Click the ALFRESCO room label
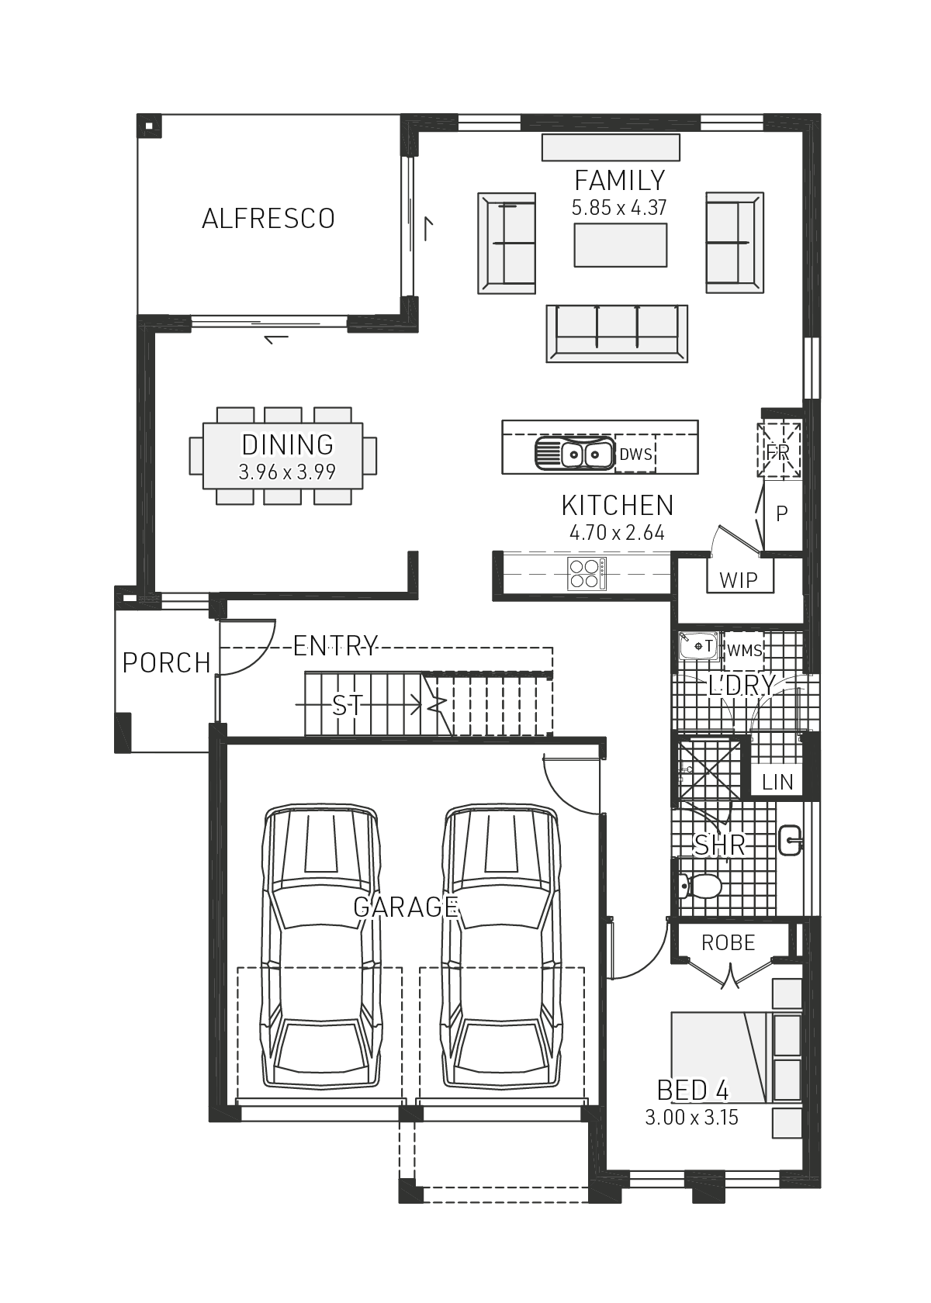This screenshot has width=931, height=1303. coord(268,219)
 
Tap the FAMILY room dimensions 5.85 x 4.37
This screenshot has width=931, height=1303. coord(619,208)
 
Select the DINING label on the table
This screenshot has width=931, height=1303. coord(287,444)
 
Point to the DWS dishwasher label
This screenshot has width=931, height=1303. coord(635,454)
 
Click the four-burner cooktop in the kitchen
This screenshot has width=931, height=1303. coord(586,574)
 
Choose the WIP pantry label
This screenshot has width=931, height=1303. coord(739,579)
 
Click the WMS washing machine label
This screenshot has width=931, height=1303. coord(744,650)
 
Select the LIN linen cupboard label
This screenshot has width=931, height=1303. coord(777,782)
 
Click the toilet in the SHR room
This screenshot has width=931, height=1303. coord(701,886)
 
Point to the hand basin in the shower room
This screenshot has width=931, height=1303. coord(790,841)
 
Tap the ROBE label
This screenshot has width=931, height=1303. coord(728,942)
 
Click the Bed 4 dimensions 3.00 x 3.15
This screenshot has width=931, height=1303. coord(691,1118)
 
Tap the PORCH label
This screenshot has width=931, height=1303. coord(166,663)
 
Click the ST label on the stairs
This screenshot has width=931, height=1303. coord(347,705)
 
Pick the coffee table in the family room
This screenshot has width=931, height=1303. coord(620,245)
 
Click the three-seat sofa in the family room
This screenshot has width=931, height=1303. coord(617,333)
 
